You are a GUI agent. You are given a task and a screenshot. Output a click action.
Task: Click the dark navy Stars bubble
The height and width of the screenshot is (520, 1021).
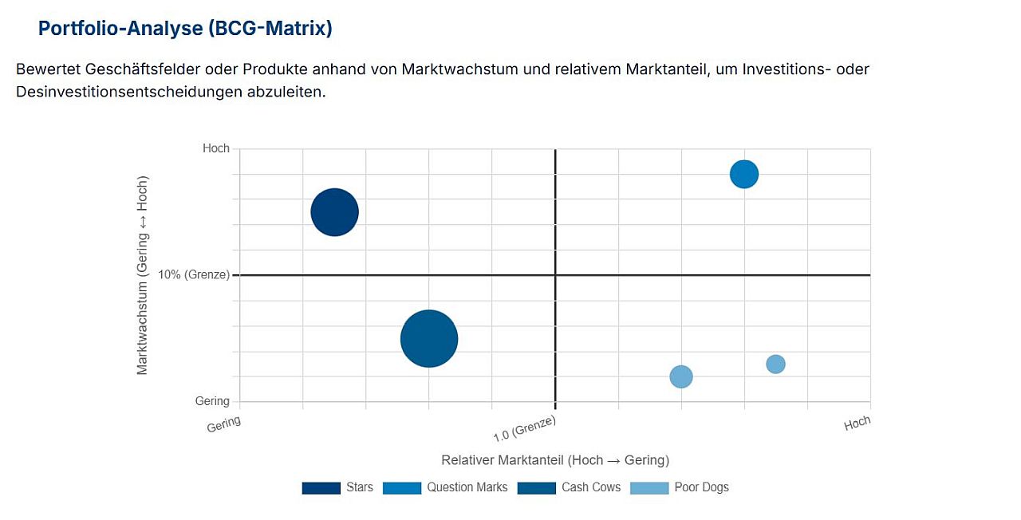pyautogui.click(x=334, y=212)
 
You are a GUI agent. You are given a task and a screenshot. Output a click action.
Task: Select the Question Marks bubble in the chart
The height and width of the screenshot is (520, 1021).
pyautogui.click(x=743, y=174)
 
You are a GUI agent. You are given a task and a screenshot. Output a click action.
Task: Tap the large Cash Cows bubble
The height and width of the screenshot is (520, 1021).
pyautogui.click(x=429, y=339)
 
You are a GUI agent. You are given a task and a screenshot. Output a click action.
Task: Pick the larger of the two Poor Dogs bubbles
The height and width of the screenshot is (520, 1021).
pyautogui.click(x=680, y=376)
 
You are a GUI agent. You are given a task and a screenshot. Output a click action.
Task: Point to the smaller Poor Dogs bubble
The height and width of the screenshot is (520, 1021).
pyautogui.click(x=775, y=364)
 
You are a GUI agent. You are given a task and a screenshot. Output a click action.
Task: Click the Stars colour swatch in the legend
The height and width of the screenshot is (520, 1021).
pyautogui.click(x=321, y=487)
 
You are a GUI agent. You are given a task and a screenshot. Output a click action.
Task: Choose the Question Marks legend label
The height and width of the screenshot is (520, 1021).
pyautogui.click(x=467, y=487)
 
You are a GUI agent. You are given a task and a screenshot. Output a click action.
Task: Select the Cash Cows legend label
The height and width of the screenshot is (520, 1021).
pyautogui.click(x=590, y=487)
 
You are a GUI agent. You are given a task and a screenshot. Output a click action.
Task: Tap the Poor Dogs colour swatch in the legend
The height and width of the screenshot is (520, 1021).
pyautogui.click(x=648, y=487)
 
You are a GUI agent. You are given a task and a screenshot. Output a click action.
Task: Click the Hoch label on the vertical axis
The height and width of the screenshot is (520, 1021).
pyautogui.click(x=215, y=148)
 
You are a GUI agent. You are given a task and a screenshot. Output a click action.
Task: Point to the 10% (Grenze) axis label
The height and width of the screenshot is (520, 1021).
pyautogui.click(x=194, y=275)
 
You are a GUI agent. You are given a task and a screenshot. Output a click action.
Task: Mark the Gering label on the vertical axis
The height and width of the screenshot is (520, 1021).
pyautogui.click(x=212, y=401)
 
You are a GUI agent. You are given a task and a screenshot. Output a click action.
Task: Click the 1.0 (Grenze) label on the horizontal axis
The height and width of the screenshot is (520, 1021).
pyautogui.click(x=524, y=429)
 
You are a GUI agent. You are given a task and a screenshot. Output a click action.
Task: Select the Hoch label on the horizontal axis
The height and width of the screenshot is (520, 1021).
pyautogui.click(x=857, y=423)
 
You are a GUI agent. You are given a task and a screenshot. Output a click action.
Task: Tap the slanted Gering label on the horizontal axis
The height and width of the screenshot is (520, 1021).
pyautogui.click(x=223, y=424)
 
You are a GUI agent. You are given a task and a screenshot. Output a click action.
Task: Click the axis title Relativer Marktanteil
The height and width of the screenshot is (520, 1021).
pyautogui.click(x=554, y=460)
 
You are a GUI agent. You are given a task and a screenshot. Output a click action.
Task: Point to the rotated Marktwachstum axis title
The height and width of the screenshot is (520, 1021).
pyautogui.click(x=142, y=275)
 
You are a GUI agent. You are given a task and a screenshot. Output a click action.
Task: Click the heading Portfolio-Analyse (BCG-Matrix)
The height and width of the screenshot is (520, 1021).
pyautogui.click(x=185, y=29)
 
